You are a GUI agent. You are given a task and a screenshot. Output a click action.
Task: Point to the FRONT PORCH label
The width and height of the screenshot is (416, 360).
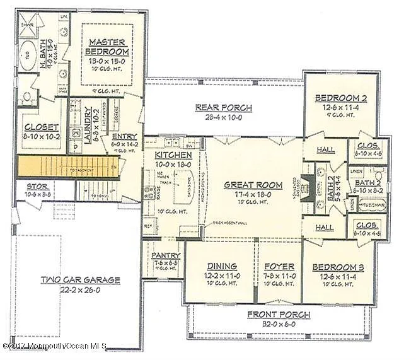point(278,315)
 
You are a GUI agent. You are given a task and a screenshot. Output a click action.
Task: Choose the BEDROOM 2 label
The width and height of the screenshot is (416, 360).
point(341,98)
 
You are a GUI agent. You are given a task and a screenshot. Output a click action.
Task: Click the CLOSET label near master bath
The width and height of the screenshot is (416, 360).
point(42,127)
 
